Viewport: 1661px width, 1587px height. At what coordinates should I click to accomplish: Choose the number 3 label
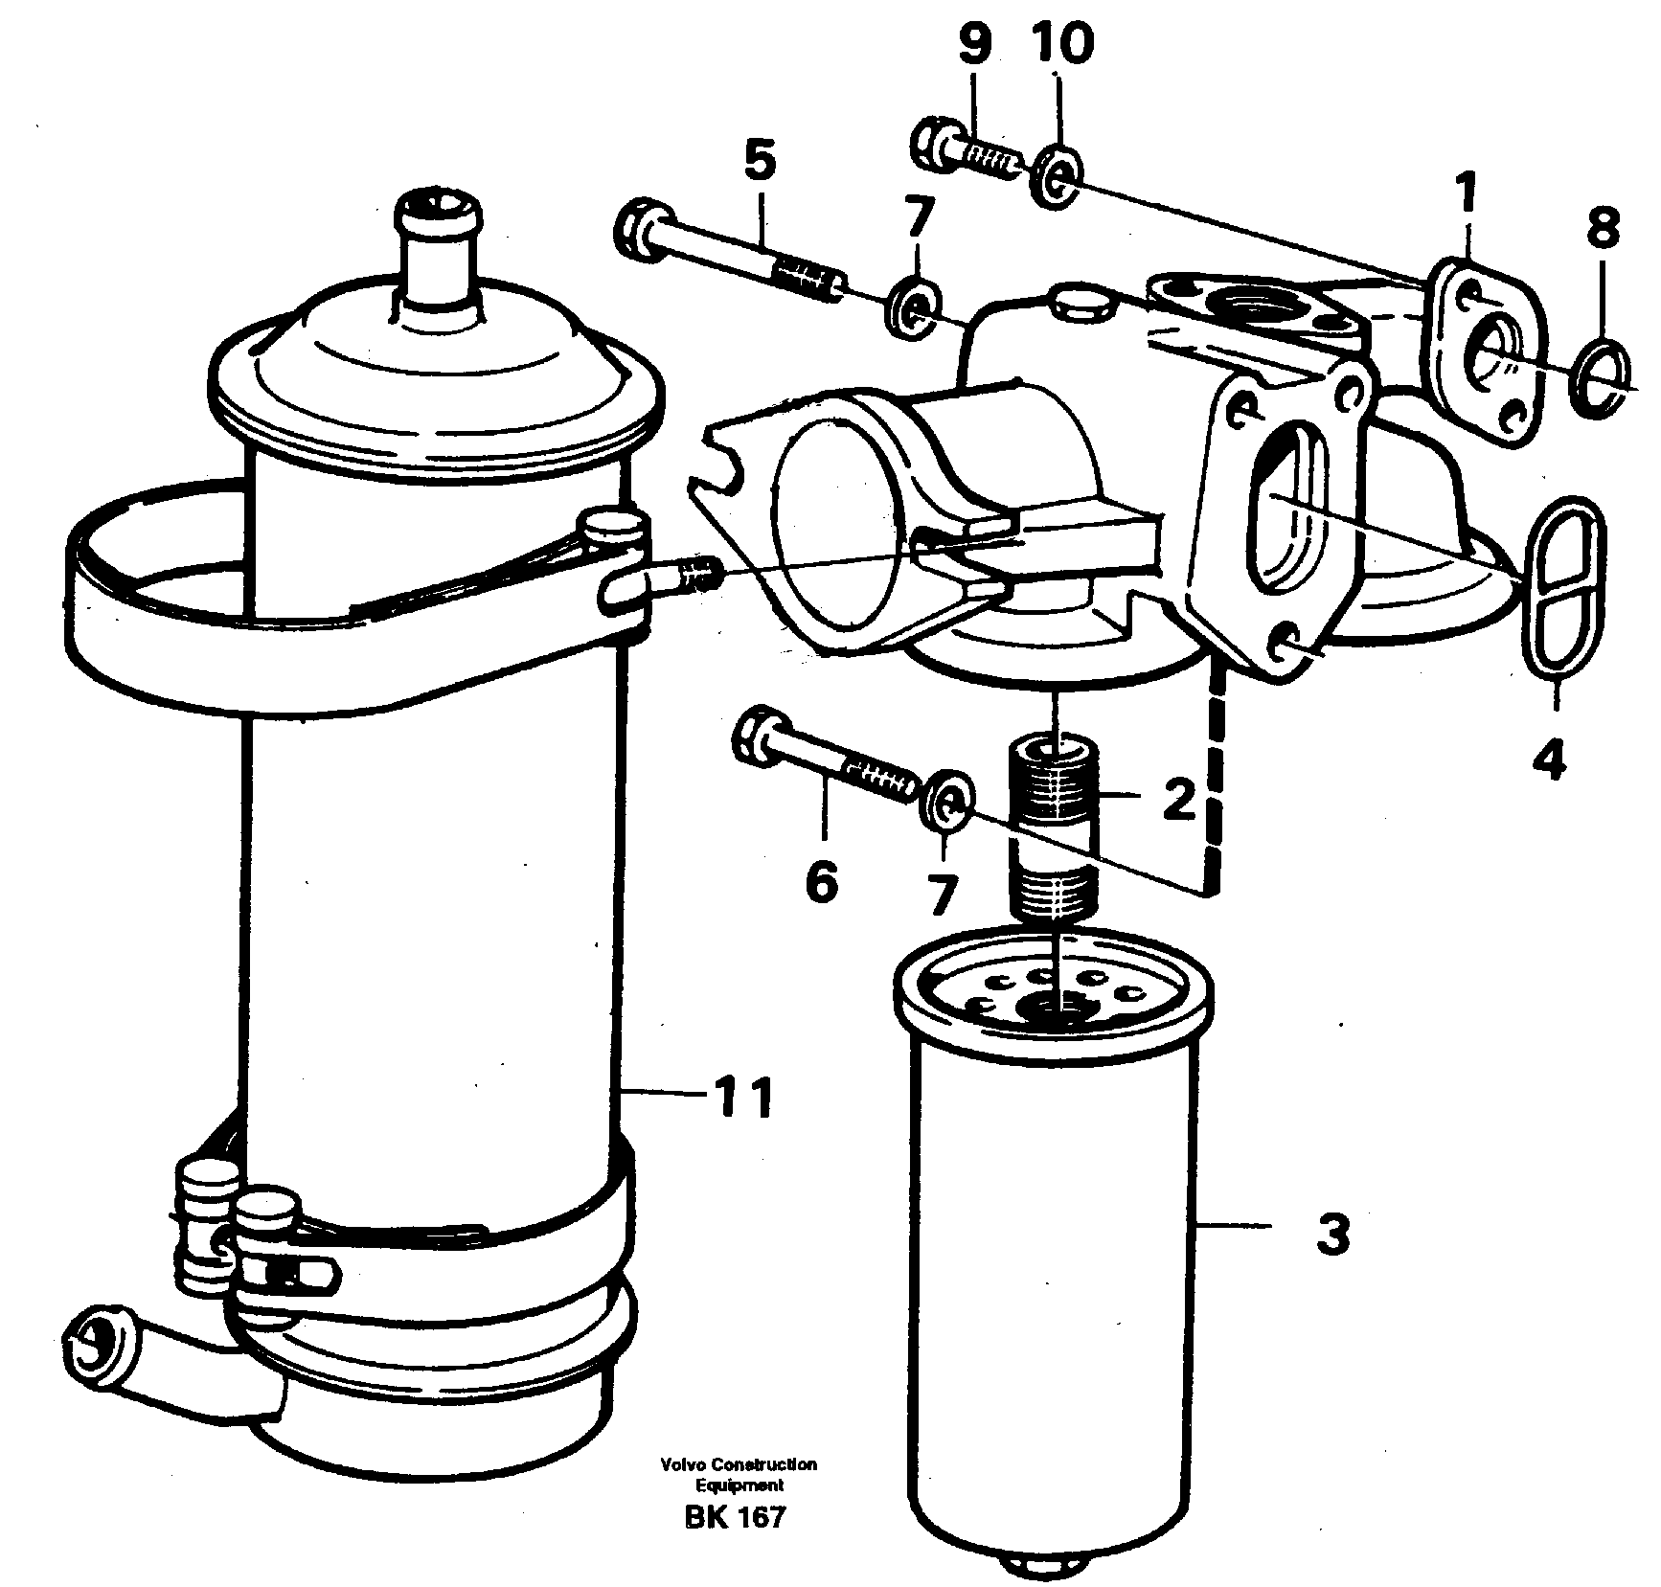(x=1332, y=1235)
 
